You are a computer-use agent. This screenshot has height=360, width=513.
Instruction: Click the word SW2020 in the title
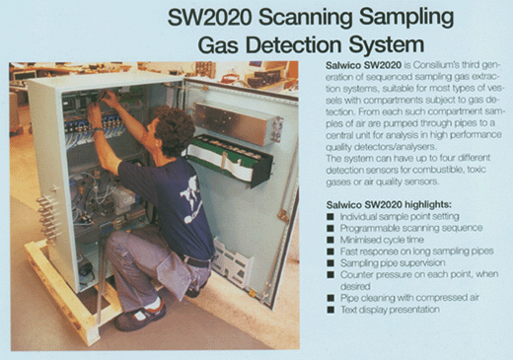(210, 18)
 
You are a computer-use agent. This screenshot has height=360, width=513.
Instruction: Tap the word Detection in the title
(294, 44)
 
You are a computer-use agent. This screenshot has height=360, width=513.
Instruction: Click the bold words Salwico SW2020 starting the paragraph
(363, 65)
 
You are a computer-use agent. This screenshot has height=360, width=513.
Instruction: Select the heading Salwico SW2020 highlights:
(389, 205)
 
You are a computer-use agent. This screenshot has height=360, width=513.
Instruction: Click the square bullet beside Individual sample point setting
(330, 217)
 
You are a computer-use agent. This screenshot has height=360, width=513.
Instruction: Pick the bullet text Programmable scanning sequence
(411, 228)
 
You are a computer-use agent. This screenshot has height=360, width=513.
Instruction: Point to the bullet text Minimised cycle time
(382, 240)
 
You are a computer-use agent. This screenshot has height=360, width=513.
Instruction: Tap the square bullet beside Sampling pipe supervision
(330, 263)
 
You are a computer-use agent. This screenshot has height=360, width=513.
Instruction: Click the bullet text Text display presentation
(390, 310)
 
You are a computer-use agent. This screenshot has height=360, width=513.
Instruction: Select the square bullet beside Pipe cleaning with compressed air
(330, 298)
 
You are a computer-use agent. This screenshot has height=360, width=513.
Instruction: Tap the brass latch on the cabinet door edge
(283, 216)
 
